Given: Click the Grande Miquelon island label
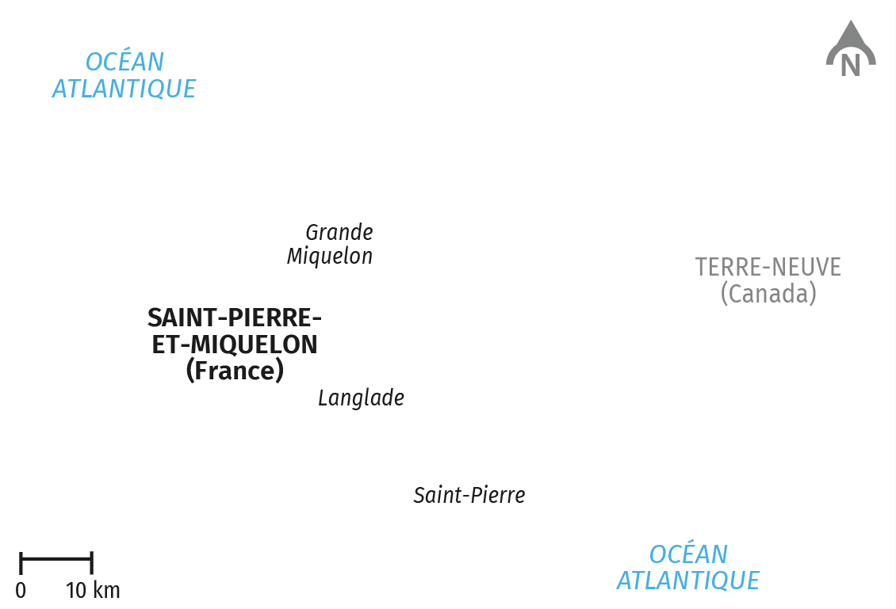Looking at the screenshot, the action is coord(330,244).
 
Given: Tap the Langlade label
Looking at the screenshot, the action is coord(361,398).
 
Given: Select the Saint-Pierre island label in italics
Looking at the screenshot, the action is coord(469,495).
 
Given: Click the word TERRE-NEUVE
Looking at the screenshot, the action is coord(768,267).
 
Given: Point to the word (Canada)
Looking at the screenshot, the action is coord(768,293).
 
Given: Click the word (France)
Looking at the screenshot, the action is coord(235,371).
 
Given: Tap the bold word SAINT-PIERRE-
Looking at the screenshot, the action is coord(235,318).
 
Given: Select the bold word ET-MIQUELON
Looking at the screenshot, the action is coord(235,344).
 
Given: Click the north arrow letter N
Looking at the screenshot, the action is coord(850,65).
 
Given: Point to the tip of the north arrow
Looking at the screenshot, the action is coord(851,21).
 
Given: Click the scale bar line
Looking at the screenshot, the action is coord(56,558).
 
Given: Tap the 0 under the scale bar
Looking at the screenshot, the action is coord(21,590).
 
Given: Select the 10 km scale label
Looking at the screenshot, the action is coord(93,590).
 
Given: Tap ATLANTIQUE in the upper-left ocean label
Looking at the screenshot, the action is coord(124,89).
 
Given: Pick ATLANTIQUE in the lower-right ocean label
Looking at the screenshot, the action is coord(688,580).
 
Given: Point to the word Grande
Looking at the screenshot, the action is coord(339,232).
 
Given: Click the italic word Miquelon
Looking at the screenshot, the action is coord(330,257).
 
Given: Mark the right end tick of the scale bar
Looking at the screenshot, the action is coord(91,563).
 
